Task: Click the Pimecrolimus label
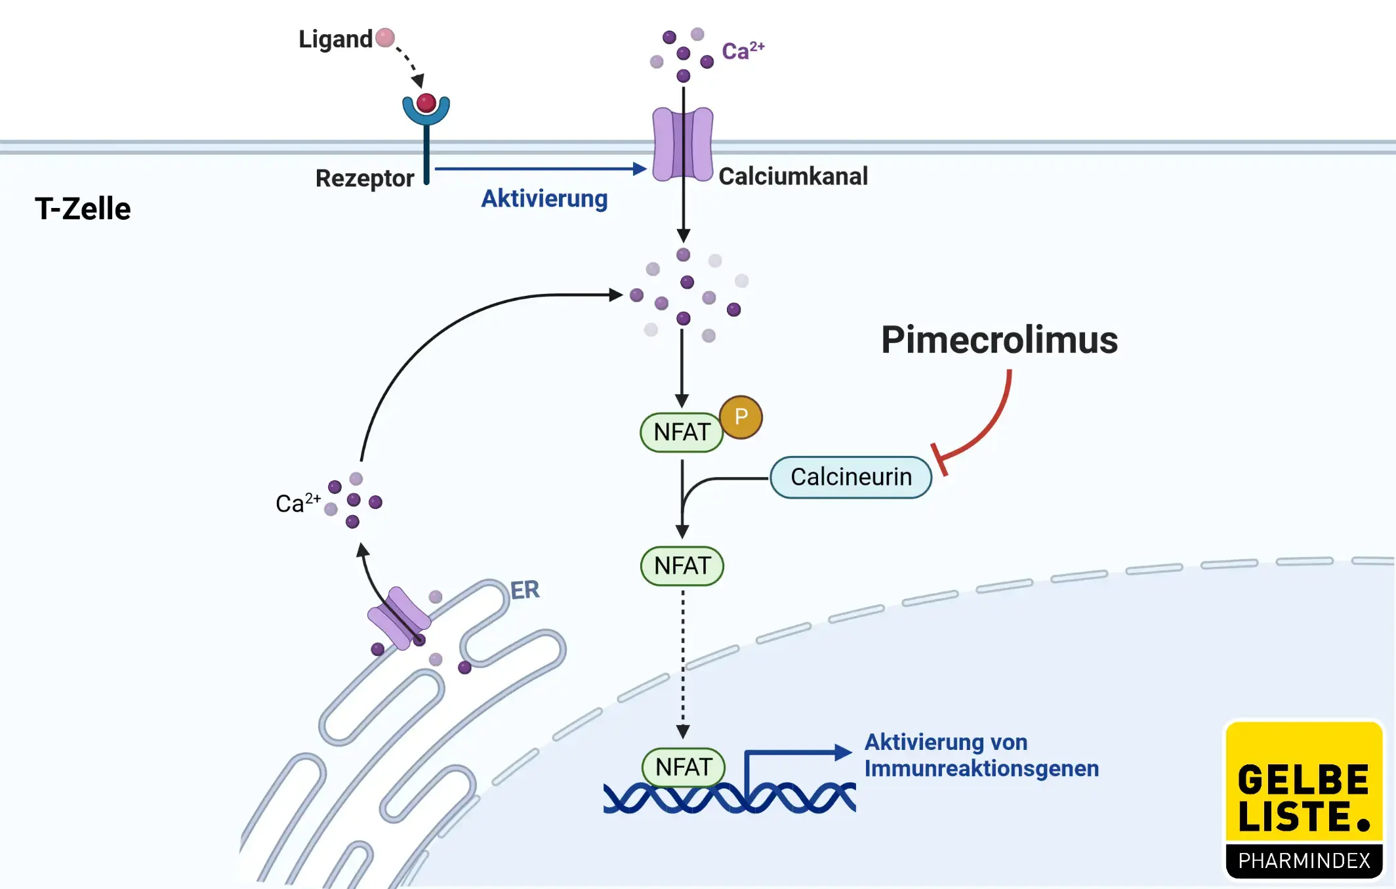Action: [998, 340]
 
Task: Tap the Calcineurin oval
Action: [850, 477]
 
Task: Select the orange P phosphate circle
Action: [741, 417]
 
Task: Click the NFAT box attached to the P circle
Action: [682, 432]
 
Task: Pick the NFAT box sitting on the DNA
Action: [683, 766]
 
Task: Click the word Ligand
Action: [335, 39]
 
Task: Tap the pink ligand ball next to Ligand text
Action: [385, 37]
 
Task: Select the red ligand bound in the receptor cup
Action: [426, 103]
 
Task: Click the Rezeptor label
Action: [365, 178]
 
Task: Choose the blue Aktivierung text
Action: [544, 198]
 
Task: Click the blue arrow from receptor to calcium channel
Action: [538, 169]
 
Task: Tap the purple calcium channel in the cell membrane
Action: [682, 144]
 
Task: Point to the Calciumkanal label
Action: [792, 176]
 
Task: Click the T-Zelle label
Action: [83, 209]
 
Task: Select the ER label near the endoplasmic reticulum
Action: [525, 590]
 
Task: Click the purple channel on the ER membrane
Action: [398, 618]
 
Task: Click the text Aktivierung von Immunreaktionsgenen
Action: [981, 755]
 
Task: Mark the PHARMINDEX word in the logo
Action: [1304, 860]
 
